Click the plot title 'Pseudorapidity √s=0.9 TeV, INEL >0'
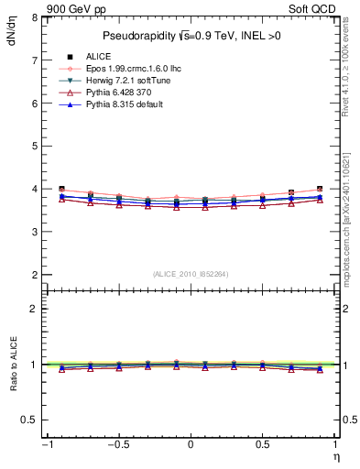pyautogui.click(x=191, y=36)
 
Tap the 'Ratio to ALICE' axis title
pyautogui.click(x=14, y=364)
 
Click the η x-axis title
pyautogui.click(x=334, y=456)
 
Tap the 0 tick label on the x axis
pyautogui.click(x=191, y=445)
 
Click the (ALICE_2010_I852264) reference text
pyautogui.click(x=191, y=274)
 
